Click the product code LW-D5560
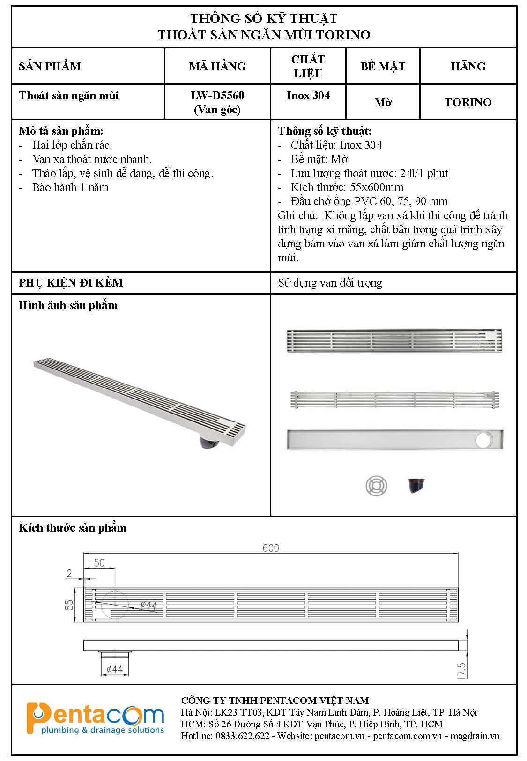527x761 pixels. [217, 96]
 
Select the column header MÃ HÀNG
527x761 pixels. [217, 66]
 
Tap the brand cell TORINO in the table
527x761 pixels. [468, 102]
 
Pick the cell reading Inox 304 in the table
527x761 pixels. [308, 96]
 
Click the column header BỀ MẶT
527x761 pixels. [382, 66]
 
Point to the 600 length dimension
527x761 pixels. [271, 548]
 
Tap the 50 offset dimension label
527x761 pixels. [99, 563]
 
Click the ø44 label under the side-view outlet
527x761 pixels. [114, 669]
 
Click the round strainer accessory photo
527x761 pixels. [377, 485]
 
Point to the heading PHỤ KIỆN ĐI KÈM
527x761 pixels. [71, 283]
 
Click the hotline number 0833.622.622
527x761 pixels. [242, 736]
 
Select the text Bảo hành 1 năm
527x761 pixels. [70, 187]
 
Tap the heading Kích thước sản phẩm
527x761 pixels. [73, 528]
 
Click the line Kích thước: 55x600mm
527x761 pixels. [347, 187]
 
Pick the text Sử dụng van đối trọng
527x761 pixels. [330, 283]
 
